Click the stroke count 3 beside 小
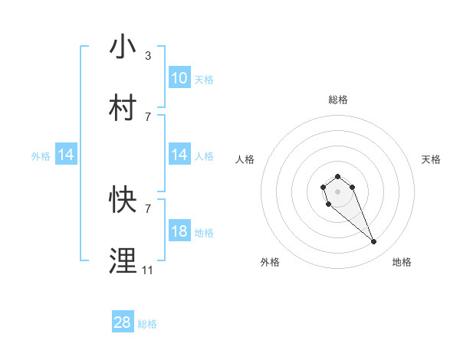[147, 55]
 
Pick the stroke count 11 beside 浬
[147, 270]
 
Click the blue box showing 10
[179, 78]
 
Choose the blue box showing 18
[179, 231]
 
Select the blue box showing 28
[123, 322]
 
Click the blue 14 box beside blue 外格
[66, 155]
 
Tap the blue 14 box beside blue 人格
[179, 155]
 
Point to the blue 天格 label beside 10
[204, 79]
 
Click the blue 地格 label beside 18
[204, 232]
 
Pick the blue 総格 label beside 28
[147, 324]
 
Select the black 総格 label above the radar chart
[338, 100]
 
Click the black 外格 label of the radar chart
[270, 262]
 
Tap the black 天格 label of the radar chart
[432, 159]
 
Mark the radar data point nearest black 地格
[374, 242]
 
